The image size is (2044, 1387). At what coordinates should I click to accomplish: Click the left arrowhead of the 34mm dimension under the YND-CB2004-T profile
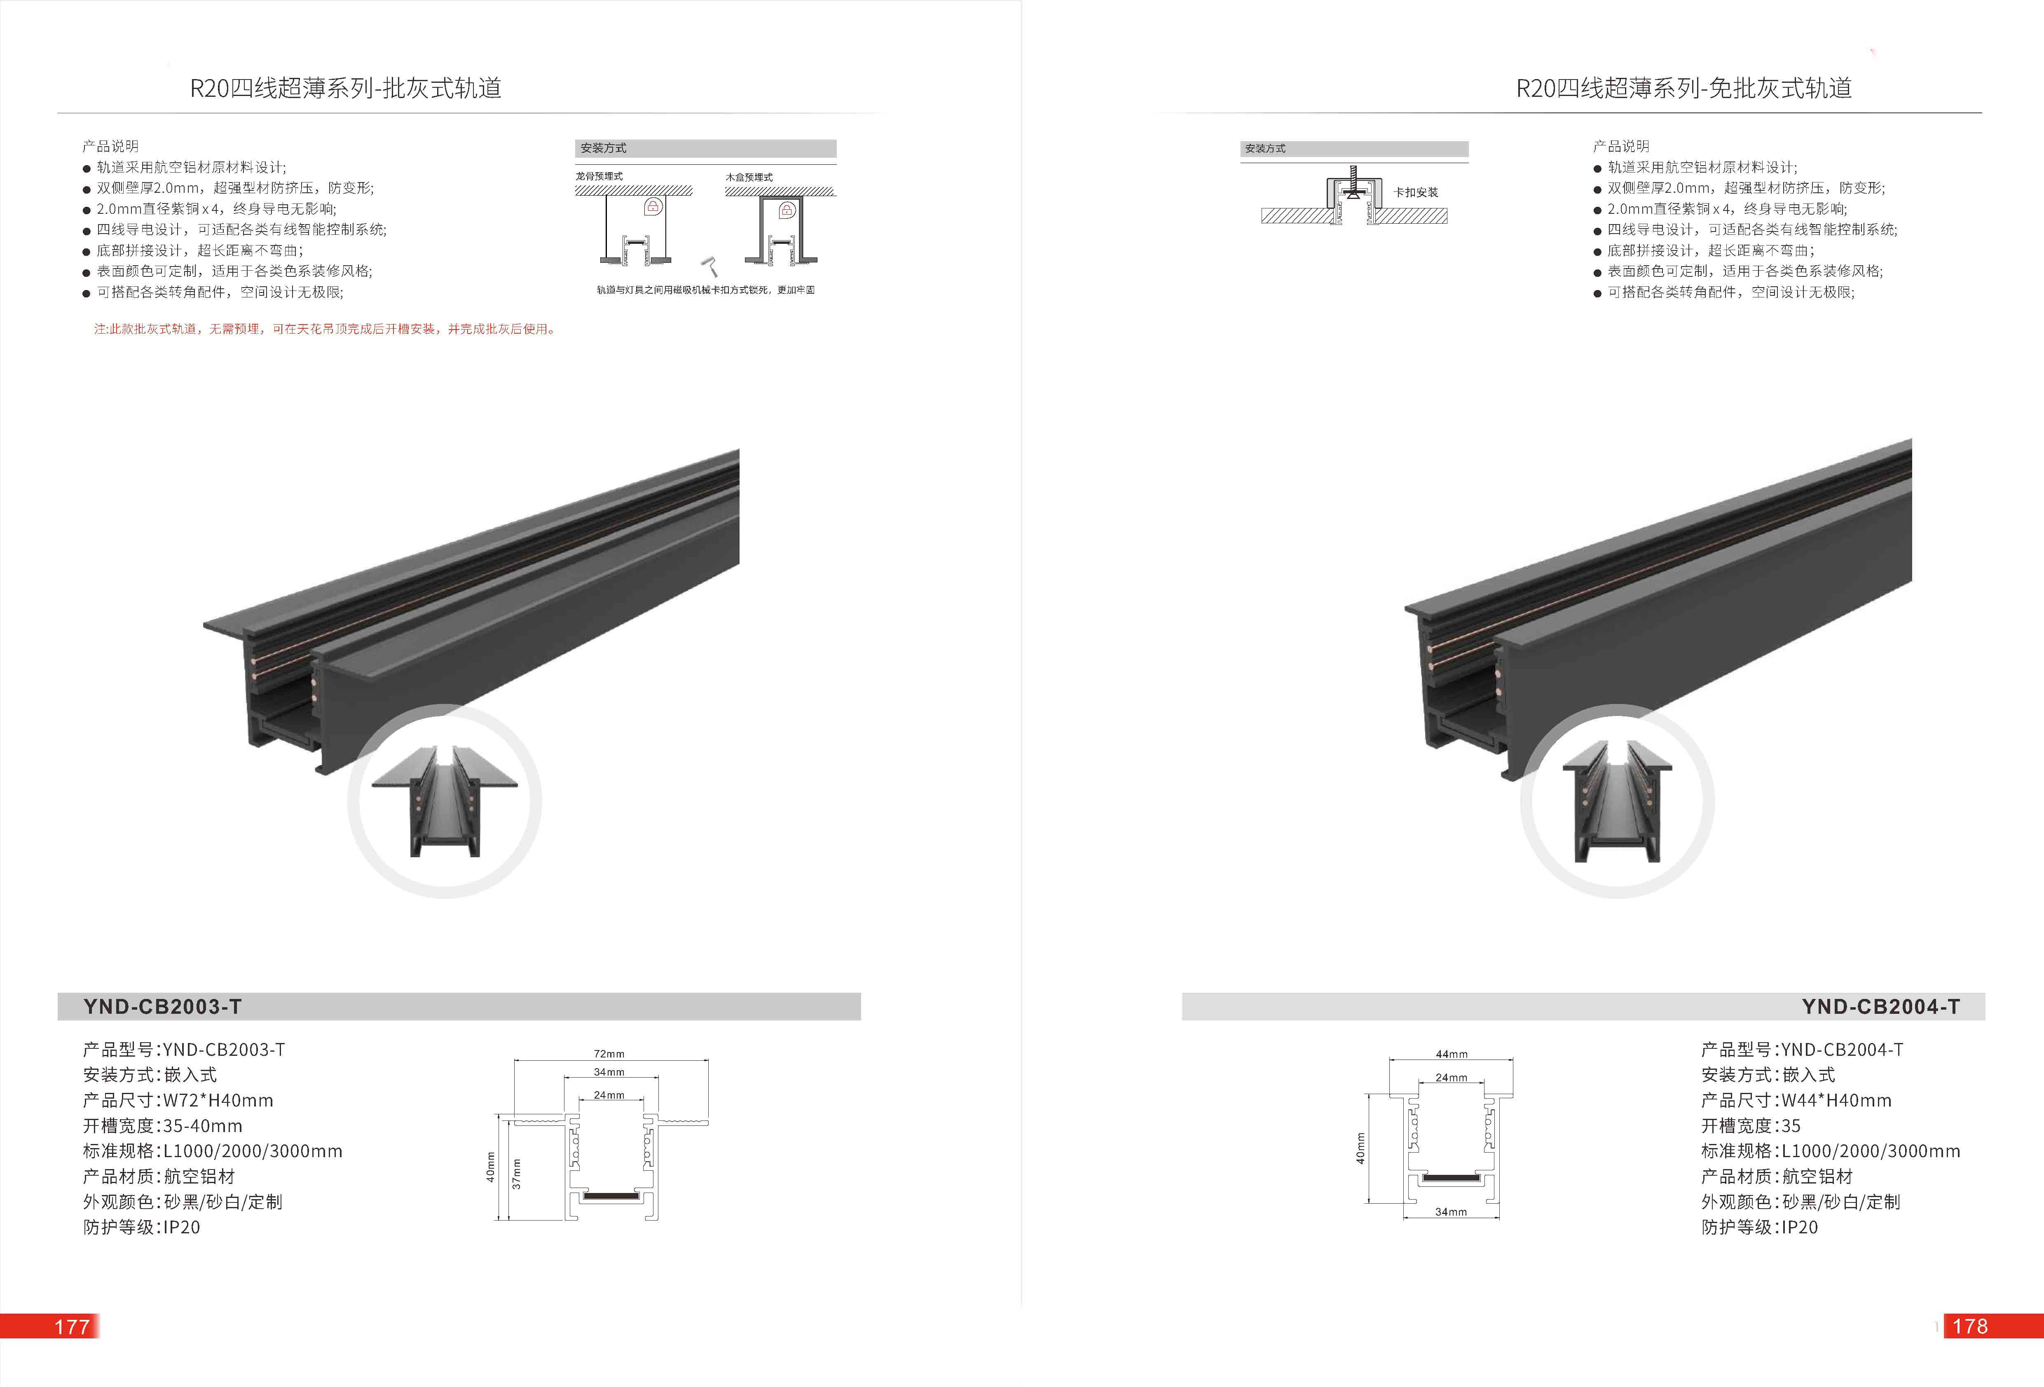pyautogui.click(x=1405, y=1218)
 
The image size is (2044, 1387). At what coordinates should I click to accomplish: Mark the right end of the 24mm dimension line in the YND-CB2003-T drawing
pyautogui.click(x=645, y=1101)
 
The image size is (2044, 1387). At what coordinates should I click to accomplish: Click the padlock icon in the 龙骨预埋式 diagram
pyautogui.click(x=653, y=207)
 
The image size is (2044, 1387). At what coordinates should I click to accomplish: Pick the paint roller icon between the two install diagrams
pyautogui.click(x=709, y=266)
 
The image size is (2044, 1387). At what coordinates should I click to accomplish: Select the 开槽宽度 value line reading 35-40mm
pyautogui.click(x=163, y=1126)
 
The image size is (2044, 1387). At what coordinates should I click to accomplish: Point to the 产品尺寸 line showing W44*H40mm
pyautogui.click(x=1796, y=1100)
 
